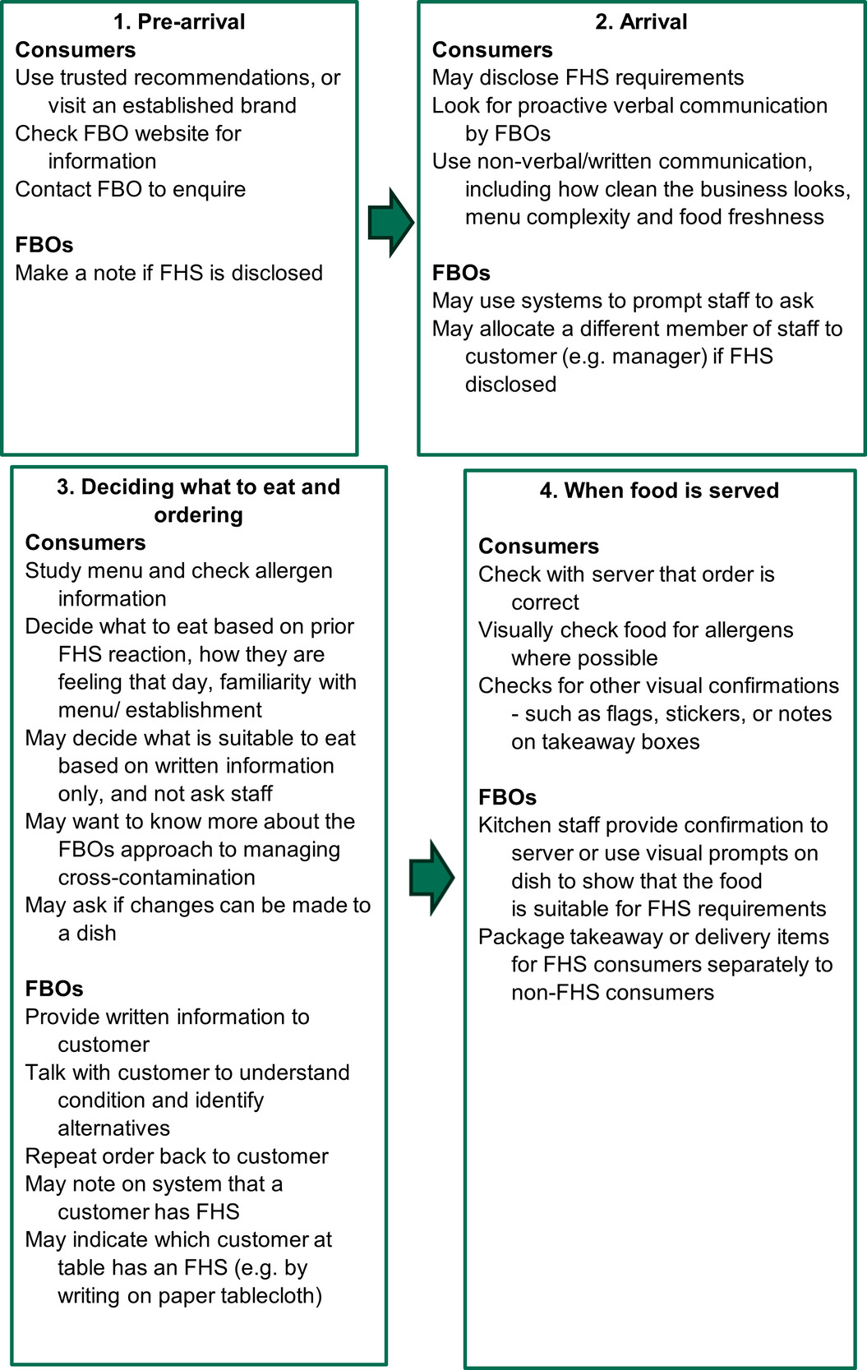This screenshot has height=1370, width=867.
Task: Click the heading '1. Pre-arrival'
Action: click(179, 22)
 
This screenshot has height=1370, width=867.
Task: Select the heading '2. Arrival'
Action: click(641, 22)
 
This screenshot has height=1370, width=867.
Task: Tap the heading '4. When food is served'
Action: click(659, 491)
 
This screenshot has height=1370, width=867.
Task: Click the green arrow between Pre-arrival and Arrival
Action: click(390, 223)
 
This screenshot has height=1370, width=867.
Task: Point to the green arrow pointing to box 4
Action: click(431, 877)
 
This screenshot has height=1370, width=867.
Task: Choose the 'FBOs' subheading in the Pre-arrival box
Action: click(44, 245)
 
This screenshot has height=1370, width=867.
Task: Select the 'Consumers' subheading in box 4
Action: click(538, 547)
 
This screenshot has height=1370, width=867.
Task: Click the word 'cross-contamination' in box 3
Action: click(156, 878)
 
